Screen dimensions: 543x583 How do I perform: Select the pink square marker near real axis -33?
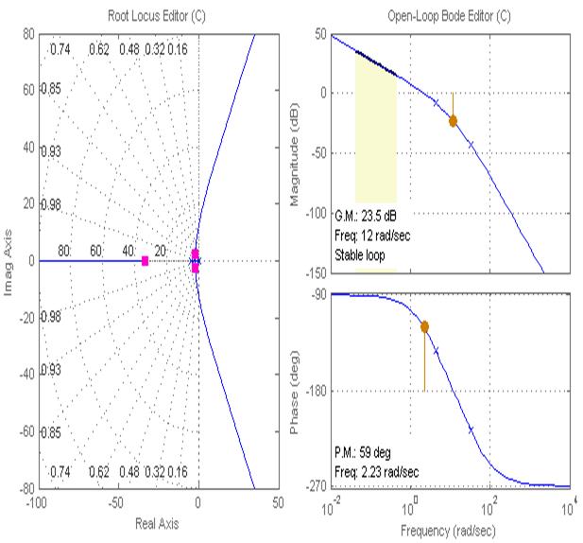click(x=145, y=260)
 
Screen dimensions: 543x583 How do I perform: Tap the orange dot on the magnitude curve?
click(x=453, y=120)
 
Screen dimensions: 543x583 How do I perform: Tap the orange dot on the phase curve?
click(x=424, y=326)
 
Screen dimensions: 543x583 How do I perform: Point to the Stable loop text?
click(x=365, y=255)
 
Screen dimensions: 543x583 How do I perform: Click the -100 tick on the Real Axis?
click(x=38, y=501)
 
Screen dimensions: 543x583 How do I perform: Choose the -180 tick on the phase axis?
click(x=316, y=391)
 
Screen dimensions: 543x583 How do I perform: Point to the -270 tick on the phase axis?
click(x=316, y=486)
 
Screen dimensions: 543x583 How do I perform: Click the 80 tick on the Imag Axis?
click(x=28, y=35)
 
